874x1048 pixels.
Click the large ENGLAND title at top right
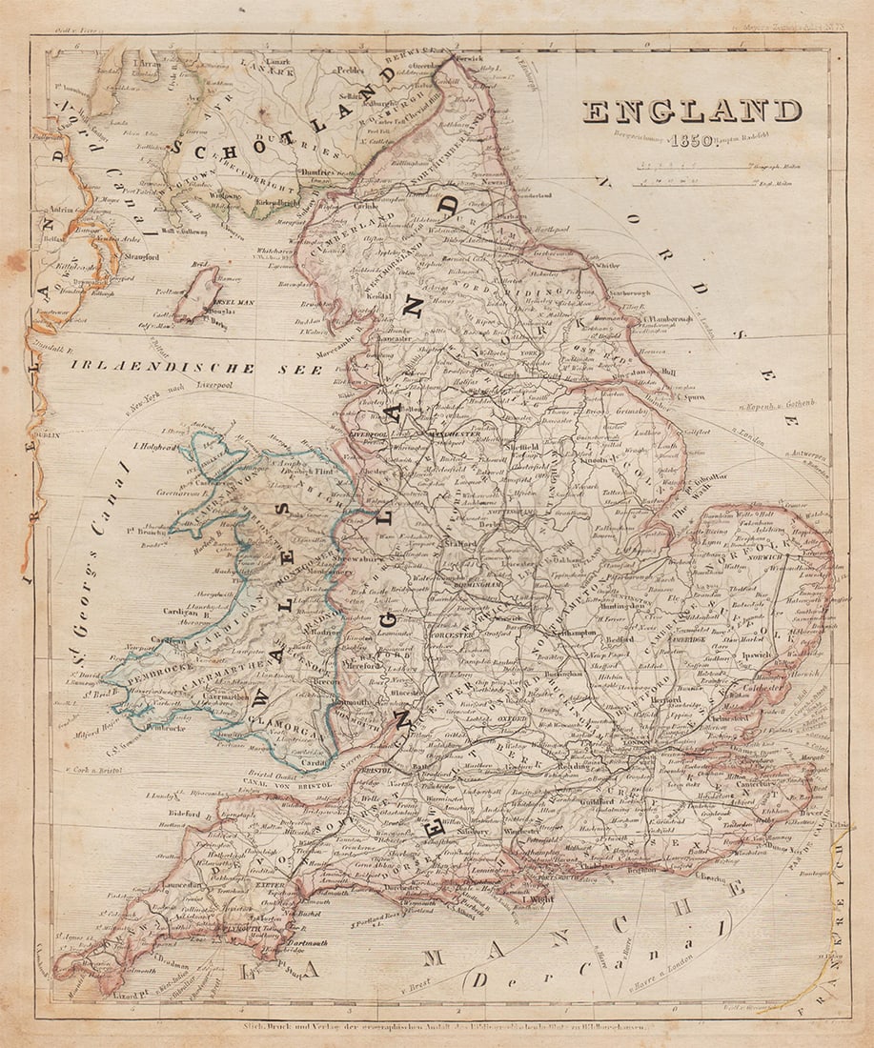click(x=692, y=111)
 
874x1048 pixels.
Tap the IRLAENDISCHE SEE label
click(x=183, y=367)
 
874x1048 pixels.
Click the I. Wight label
click(x=539, y=897)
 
